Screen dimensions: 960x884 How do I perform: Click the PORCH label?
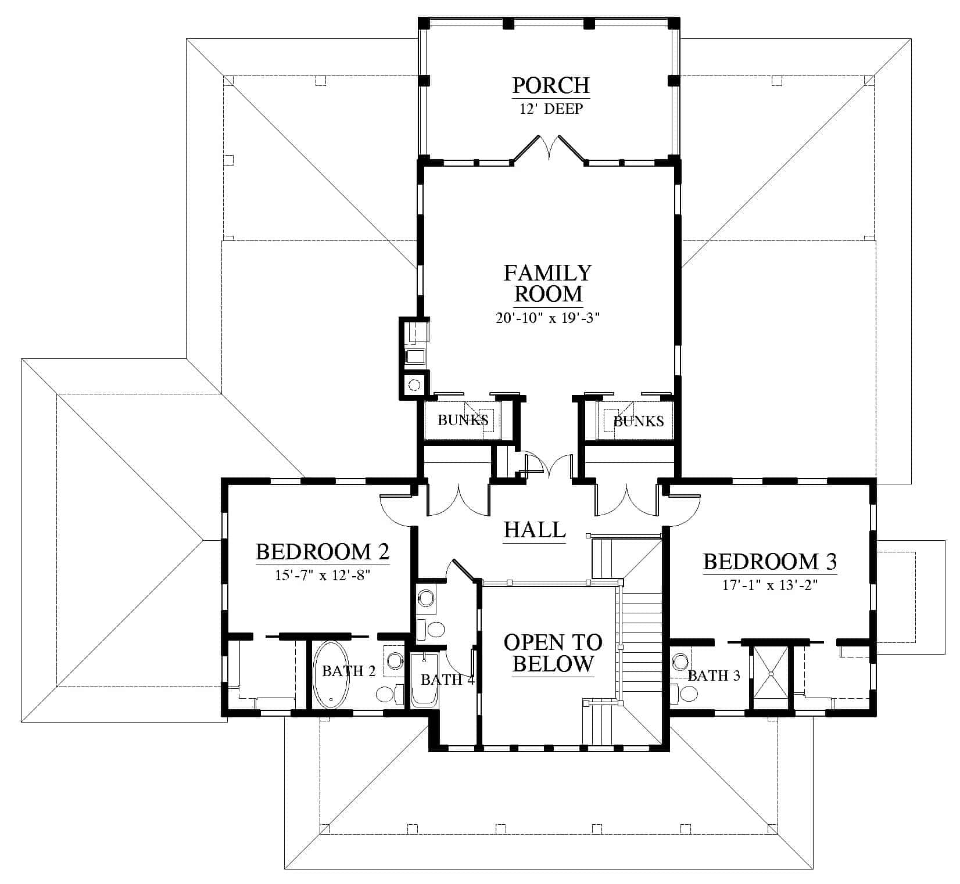pyautogui.click(x=550, y=85)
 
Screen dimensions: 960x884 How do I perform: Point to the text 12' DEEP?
pyautogui.click(x=551, y=109)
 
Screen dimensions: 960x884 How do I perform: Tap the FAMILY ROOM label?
pyautogui.click(x=548, y=283)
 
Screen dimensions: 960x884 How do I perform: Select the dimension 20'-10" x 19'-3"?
pyautogui.click(x=547, y=318)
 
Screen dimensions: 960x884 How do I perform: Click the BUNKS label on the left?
pyautogui.click(x=463, y=420)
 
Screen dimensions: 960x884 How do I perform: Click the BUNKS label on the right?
pyautogui.click(x=639, y=421)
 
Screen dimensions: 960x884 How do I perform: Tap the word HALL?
pyautogui.click(x=535, y=530)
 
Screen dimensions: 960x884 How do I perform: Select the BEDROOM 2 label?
pyautogui.click(x=323, y=551)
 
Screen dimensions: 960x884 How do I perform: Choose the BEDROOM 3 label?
pyautogui.click(x=770, y=562)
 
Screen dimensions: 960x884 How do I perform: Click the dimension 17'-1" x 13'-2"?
pyautogui.click(x=770, y=585)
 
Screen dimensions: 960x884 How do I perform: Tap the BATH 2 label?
pyautogui.click(x=349, y=671)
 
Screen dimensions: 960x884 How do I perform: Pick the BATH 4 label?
pyautogui.click(x=447, y=680)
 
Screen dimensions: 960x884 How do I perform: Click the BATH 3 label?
pyautogui.click(x=714, y=675)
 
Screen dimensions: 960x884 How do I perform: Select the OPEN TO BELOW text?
pyautogui.click(x=552, y=653)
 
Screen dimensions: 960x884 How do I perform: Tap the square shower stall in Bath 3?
pyautogui.click(x=771, y=674)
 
